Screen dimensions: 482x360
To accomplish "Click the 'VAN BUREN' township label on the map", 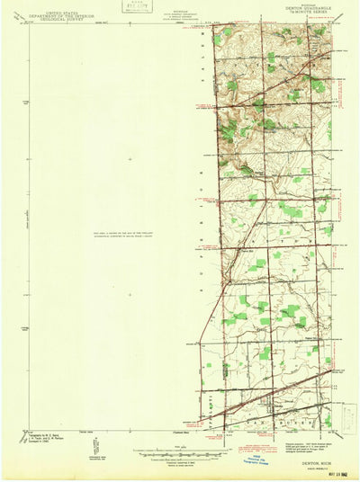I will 274,420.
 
